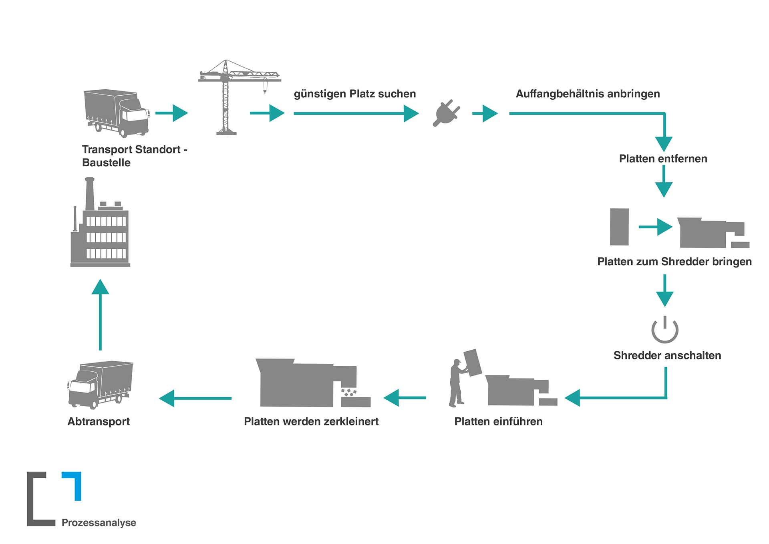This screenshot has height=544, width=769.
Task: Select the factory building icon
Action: (100, 226)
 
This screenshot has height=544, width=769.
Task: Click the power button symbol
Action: (664, 330)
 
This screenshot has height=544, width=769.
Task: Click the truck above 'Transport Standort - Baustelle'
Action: (116, 113)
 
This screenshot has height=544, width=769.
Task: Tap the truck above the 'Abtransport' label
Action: (100, 385)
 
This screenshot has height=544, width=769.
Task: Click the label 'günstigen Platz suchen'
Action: (355, 94)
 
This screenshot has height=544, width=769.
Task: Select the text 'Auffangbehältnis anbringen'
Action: (588, 94)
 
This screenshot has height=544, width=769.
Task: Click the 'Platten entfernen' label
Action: (663, 159)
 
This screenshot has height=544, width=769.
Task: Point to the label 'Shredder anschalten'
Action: (667, 355)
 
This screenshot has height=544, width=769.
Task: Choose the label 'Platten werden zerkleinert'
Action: (311, 421)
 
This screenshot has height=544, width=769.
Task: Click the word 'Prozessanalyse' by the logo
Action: (99, 522)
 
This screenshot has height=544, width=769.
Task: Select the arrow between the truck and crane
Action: (172, 113)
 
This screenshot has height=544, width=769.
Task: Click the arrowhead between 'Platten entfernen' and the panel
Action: (663, 189)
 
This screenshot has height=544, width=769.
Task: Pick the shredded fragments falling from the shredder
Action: (348, 392)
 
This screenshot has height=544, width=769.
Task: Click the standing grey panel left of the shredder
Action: (619, 227)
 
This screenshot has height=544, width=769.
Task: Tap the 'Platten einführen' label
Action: (498, 421)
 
